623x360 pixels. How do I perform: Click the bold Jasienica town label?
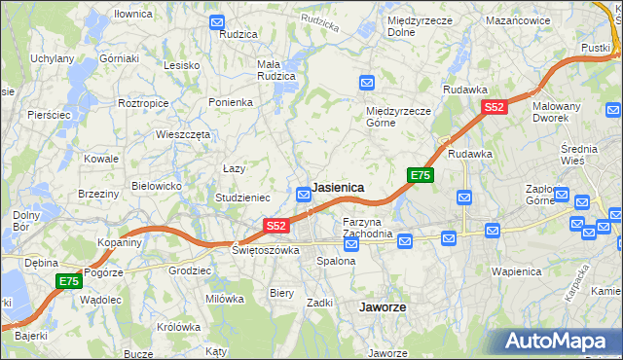[x=338, y=188]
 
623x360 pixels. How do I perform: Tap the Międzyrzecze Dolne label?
[x=415, y=26]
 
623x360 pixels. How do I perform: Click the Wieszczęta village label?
[x=183, y=135]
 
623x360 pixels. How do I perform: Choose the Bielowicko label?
[x=157, y=185]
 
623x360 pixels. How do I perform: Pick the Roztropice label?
[x=144, y=102]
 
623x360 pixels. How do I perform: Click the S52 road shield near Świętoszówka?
[x=276, y=226]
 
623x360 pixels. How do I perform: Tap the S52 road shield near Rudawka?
[x=495, y=108]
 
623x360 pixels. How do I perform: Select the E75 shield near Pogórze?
[x=67, y=281]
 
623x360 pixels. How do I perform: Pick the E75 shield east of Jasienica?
[x=420, y=175]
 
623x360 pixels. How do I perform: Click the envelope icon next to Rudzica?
[x=216, y=21]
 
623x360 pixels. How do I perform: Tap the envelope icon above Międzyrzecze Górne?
[x=367, y=83]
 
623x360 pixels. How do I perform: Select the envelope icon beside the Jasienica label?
[x=303, y=194]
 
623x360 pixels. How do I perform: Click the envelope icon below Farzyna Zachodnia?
[x=351, y=243]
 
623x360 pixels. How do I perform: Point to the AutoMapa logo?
[x=559, y=342]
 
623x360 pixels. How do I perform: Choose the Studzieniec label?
[x=242, y=198]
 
